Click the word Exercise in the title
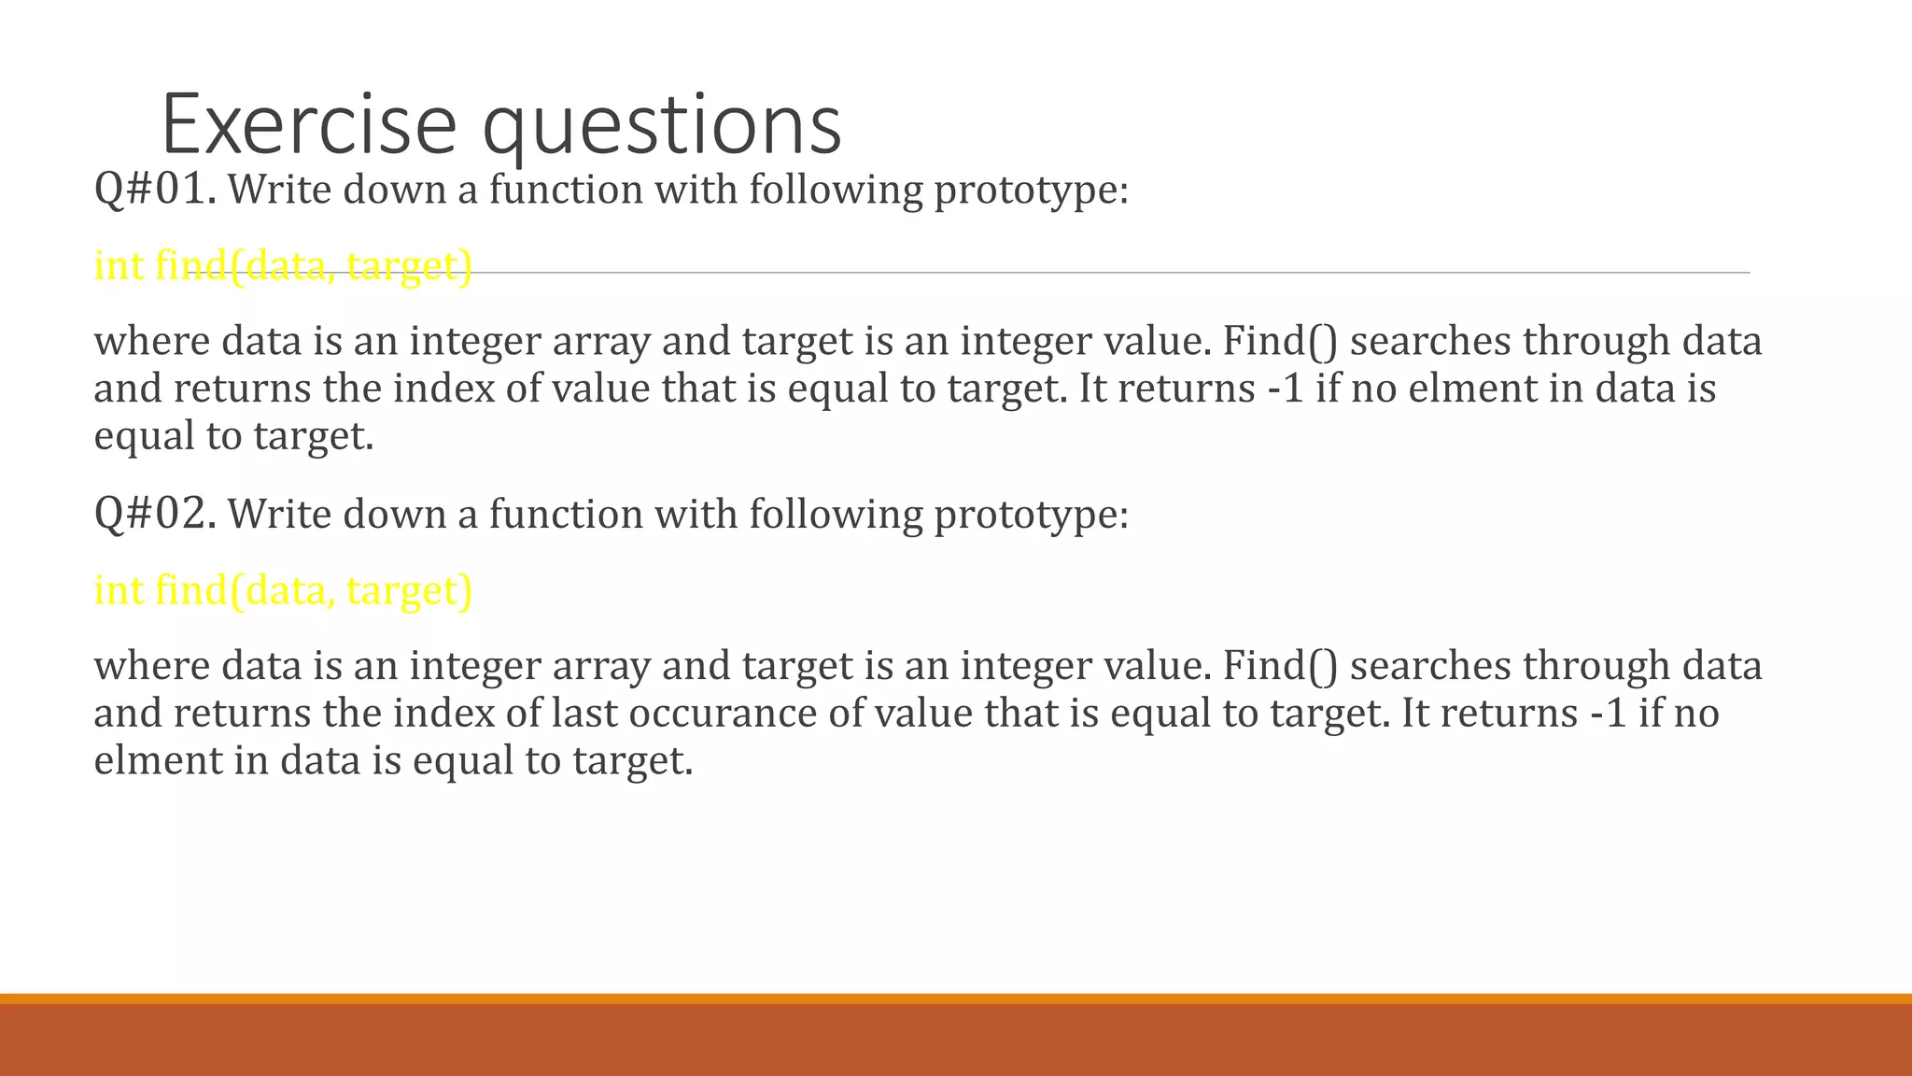[x=308, y=125]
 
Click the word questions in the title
[x=662, y=125]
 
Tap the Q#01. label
[x=155, y=190]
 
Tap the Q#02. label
[x=155, y=514]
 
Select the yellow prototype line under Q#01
[x=283, y=265]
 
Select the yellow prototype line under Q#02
[x=283, y=590]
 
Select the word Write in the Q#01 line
[x=279, y=190]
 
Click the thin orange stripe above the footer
[x=956, y=998]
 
